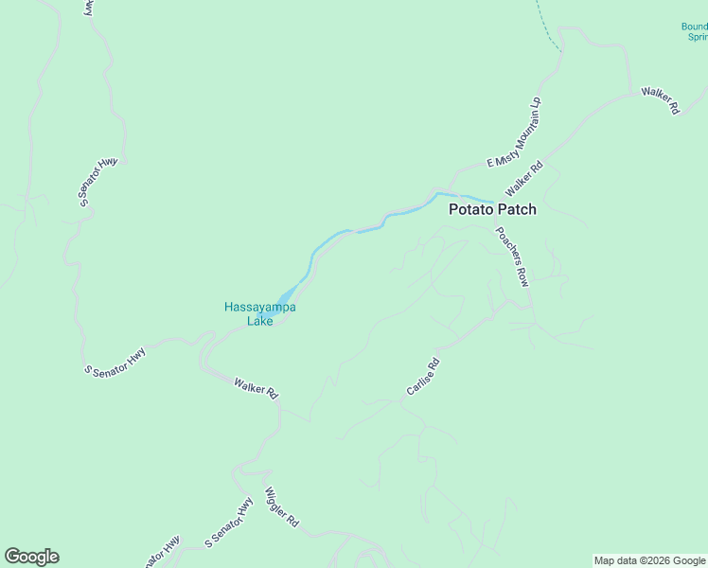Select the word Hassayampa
click(x=259, y=307)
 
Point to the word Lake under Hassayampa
click(x=259, y=321)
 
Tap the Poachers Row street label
click(x=511, y=257)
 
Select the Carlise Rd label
click(x=423, y=377)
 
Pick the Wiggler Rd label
click(x=281, y=507)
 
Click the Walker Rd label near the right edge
click(x=660, y=100)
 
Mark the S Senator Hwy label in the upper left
click(x=97, y=182)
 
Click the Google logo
click(x=31, y=557)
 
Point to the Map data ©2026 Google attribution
click(x=649, y=560)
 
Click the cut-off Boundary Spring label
click(x=695, y=31)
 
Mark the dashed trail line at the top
click(x=546, y=28)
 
